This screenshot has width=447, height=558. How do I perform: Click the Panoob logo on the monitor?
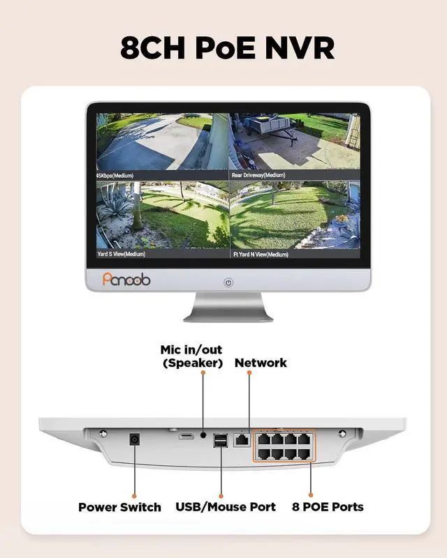coord(126,279)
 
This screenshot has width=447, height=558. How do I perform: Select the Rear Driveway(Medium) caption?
coord(259,174)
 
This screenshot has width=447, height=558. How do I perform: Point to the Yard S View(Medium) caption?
coord(122,255)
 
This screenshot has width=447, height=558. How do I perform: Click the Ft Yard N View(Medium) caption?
coord(261,255)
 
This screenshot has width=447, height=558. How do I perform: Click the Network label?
coord(261,363)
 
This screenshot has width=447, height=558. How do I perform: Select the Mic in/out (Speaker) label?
coord(191,356)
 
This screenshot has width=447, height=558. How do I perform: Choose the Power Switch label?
coord(119,507)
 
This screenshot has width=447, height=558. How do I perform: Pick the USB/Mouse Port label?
coord(226,507)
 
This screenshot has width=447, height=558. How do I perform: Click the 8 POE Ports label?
coord(328,507)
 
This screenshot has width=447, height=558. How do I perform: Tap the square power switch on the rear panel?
coord(134,440)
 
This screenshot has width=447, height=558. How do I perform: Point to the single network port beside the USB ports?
coord(242,440)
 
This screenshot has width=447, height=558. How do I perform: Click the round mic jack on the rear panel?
coord(203,434)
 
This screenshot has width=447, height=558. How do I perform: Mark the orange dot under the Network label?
coord(249,373)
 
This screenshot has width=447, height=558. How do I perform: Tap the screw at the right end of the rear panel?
coord(342,434)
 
